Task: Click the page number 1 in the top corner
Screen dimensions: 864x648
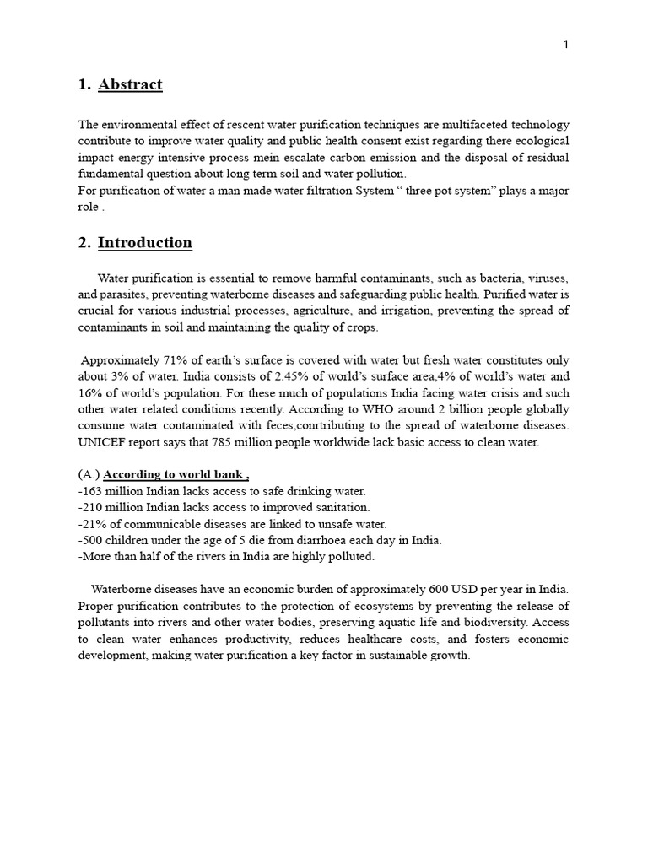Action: [565, 45]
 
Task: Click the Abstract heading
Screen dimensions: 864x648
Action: [130, 84]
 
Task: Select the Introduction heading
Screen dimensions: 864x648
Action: [144, 243]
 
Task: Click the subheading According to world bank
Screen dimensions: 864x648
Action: [175, 475]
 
